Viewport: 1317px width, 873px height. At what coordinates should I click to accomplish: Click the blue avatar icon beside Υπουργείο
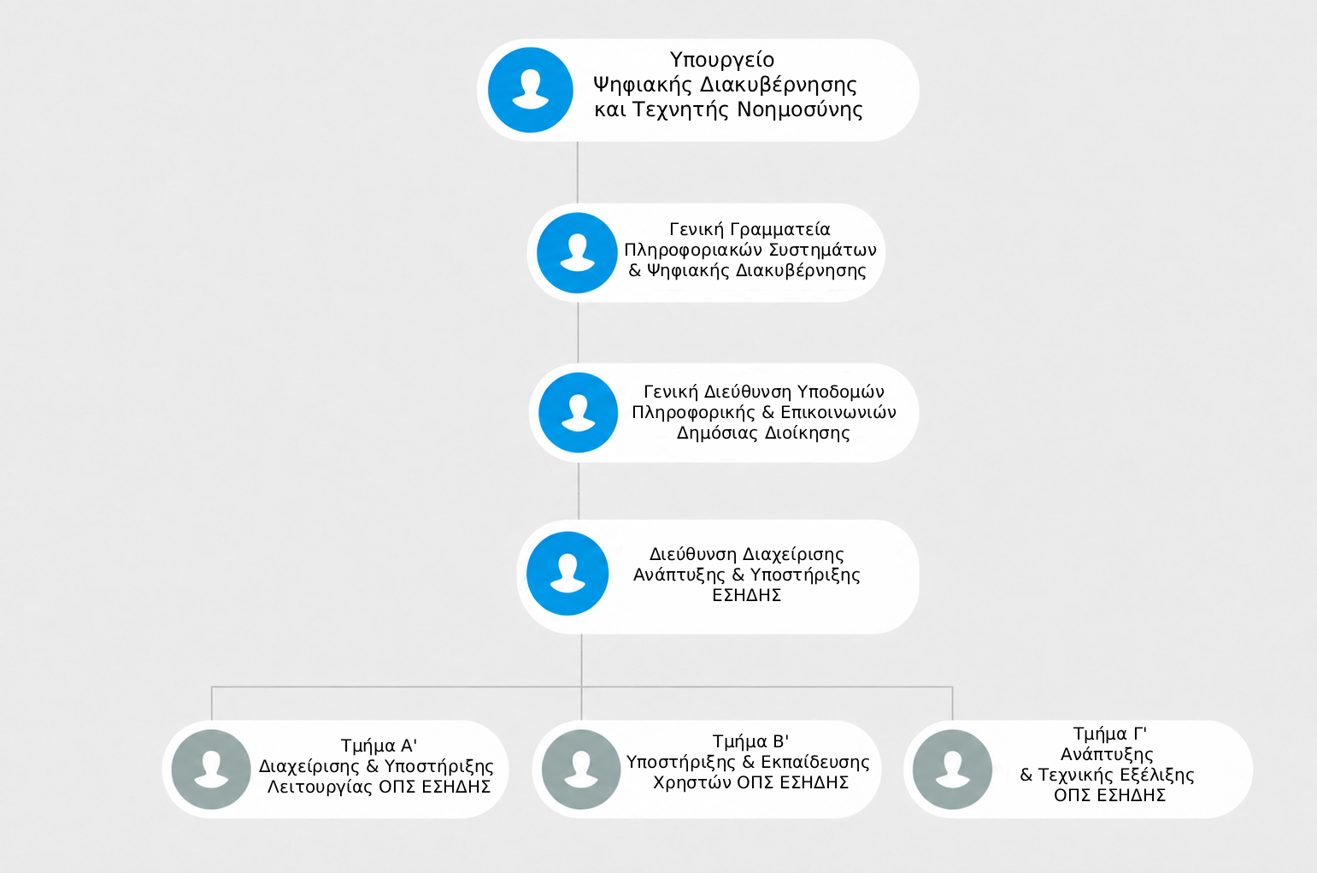(x=531, y=90)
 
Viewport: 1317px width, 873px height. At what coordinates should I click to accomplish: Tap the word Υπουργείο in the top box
(x=722, y=60)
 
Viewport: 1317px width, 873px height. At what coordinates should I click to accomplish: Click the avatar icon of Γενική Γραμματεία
(x=577, y=253)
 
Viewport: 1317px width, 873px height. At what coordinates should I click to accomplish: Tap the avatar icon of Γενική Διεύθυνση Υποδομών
(x=578, y=412)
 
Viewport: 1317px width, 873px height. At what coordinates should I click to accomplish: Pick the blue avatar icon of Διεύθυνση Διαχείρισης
(x=567, y=574)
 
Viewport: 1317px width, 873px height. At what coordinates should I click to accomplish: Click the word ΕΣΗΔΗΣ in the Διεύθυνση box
(x=747, y=595)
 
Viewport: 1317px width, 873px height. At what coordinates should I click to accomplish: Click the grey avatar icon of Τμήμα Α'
(x=211, y=770)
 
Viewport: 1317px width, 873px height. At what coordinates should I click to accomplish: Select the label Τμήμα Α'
(x=379, y=746)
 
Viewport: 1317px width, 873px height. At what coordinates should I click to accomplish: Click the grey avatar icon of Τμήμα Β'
(x=581, y=770)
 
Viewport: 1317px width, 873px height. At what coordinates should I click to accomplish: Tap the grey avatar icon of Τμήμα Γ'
(x=952, y=770)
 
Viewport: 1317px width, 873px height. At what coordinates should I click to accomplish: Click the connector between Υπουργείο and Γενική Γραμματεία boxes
(x=578, y=173)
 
